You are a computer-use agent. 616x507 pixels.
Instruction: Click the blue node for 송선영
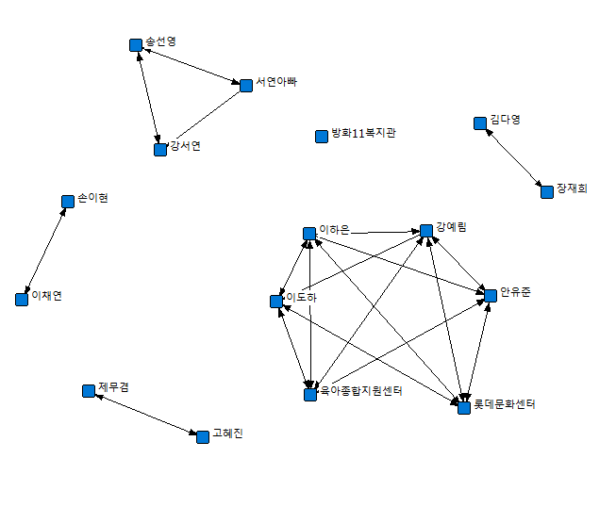click(x=135, y=44)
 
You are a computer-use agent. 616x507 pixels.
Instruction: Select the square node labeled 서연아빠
click(x=246, y=86)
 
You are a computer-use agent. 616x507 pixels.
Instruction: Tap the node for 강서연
click(x=160, y=149)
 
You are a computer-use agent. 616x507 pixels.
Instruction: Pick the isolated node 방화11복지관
click(x=321, y=136)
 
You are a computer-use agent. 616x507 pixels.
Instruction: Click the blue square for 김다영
click(x=480, y=123)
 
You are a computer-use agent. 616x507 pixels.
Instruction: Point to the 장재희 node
click(x=546, y=191)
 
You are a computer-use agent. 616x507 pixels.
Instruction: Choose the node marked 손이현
click(x=68, y=201)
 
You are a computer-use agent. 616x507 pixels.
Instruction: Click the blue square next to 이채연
click(x=22, y=299)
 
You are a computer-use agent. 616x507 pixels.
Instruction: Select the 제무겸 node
click(x=89, y=390)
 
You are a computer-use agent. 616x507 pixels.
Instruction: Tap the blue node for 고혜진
click(x=202, y=436)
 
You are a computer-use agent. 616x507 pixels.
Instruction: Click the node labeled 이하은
click(x=308, y=233)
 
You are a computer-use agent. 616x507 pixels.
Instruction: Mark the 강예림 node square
click(x=426, y=230)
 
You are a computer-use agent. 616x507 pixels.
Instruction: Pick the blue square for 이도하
click(x=275, y=302)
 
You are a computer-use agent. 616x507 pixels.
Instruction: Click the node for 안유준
click(x=491, y=295)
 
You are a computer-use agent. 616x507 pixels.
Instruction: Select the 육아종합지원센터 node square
click(x=309, y=395)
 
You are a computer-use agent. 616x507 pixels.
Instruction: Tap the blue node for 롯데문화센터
click(x=463, y=408)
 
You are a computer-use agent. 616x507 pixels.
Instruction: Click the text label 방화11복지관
click(x=363, y=134)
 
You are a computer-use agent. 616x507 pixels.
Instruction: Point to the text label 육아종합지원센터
click(x=361, y=390)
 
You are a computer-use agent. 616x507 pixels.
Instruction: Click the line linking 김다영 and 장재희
click(x=513, y=157)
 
